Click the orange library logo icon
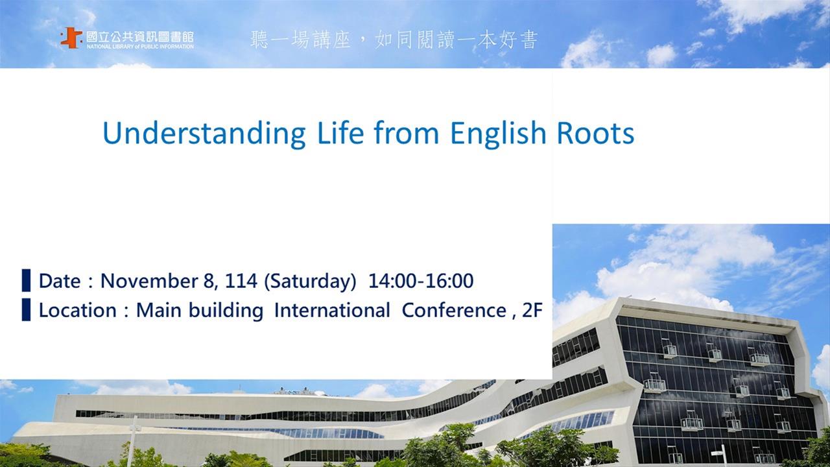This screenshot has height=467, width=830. tap(71, 38)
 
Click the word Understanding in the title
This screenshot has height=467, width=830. tap(204, 134)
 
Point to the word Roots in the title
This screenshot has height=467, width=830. tap(595, 133)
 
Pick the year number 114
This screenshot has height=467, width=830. tap(241, 281)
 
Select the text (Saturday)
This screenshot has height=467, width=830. tap(310, 281)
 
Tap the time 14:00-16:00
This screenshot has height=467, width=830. tap(421, 281)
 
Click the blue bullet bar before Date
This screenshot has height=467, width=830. tap(26, 280)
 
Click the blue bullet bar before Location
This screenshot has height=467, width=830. tap(26, 309)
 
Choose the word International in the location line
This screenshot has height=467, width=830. tap(332, 310)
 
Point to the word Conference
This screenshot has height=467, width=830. tap(454, 310)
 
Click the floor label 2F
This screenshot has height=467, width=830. tap(532, 310)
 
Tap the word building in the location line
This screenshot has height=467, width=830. tap(226, 311)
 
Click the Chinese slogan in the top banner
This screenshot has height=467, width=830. tap(394, 40)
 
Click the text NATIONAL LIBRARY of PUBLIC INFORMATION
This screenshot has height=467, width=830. tap(140, 47)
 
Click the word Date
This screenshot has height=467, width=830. tap(59, 281)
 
